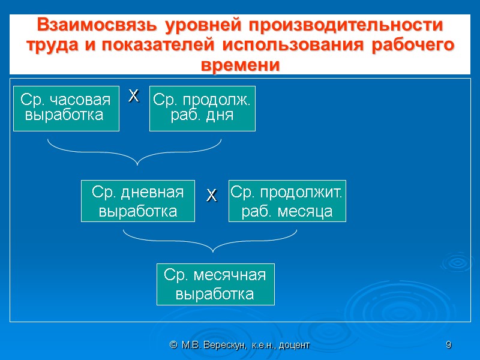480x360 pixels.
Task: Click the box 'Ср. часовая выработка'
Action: point(66,108)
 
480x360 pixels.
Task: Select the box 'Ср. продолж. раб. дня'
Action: point(202,108)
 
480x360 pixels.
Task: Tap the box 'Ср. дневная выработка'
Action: point(138,201)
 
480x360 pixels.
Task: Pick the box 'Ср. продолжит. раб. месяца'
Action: point(287,201)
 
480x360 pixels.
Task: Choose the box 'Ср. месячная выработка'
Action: point(215,284)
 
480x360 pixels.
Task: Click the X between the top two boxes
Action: point(134,95)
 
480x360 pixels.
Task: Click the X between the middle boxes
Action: point(211,195)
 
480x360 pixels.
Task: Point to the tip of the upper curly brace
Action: point(137,163)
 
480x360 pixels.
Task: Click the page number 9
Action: point(448,345)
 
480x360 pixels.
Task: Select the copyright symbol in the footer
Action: point(173,345)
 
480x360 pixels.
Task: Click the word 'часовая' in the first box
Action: point(82,100)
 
